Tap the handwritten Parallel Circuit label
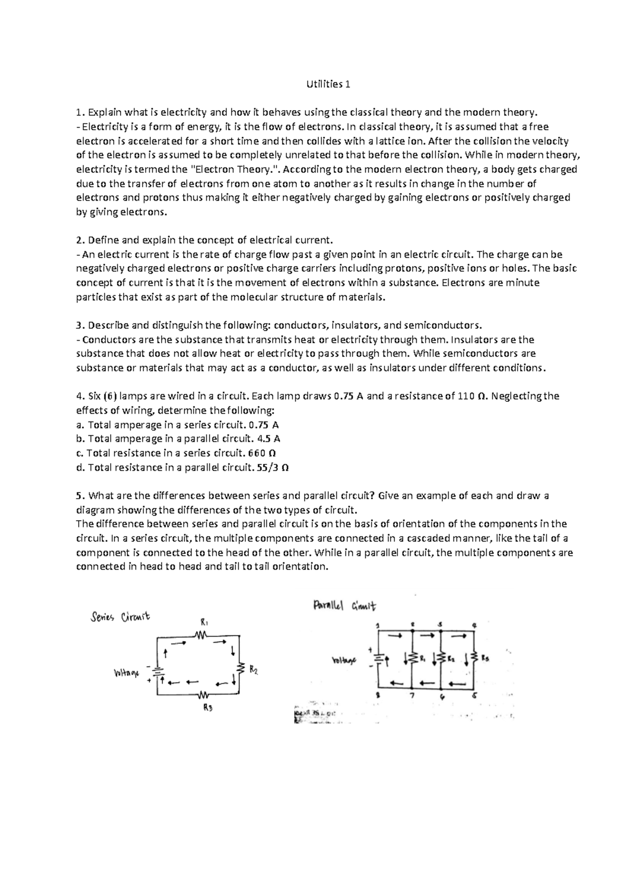point(344,606)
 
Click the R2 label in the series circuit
point(253,670)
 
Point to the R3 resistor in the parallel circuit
point(474,659)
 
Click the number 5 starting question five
point(78,496)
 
